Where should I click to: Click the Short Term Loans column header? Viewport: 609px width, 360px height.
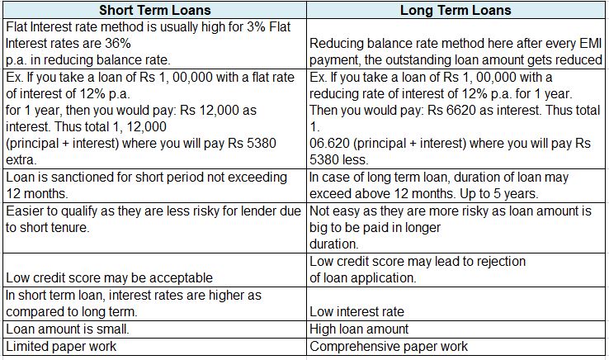tap(154, 11)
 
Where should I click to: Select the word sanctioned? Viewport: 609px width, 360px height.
tap(78, 177)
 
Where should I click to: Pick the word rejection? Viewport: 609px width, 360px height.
tap(499, 262)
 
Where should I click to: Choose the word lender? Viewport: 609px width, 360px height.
tap(260, 211)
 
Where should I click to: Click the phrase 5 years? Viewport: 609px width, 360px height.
tap(517, 193)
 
